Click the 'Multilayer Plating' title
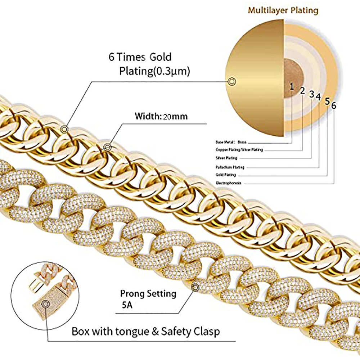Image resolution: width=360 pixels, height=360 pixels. [283, 10]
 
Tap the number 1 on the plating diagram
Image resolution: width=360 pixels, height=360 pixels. [292, 86]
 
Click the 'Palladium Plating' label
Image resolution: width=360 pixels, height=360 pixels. [230, 167]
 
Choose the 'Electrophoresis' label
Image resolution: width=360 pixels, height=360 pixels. [228, 183]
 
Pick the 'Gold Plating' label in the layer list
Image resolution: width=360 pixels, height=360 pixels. [226, 175]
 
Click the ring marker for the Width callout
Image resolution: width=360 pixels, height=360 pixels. [107, 147]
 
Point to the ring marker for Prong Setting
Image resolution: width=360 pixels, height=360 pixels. [195, 287]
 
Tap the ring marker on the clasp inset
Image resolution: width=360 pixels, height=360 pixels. [45, 305]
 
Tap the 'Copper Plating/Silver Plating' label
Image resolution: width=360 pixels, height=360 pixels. [239, 150]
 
